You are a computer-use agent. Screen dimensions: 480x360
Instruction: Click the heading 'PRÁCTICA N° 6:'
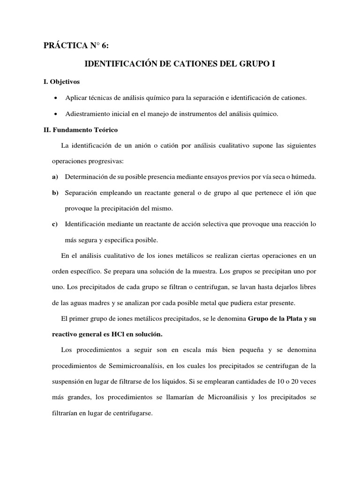(78, 45)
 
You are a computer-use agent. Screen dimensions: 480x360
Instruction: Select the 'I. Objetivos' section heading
(61, 82)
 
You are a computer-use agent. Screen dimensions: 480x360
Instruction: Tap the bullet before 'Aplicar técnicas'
(56, 97)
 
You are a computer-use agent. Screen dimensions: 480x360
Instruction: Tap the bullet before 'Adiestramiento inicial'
(56, 114)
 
